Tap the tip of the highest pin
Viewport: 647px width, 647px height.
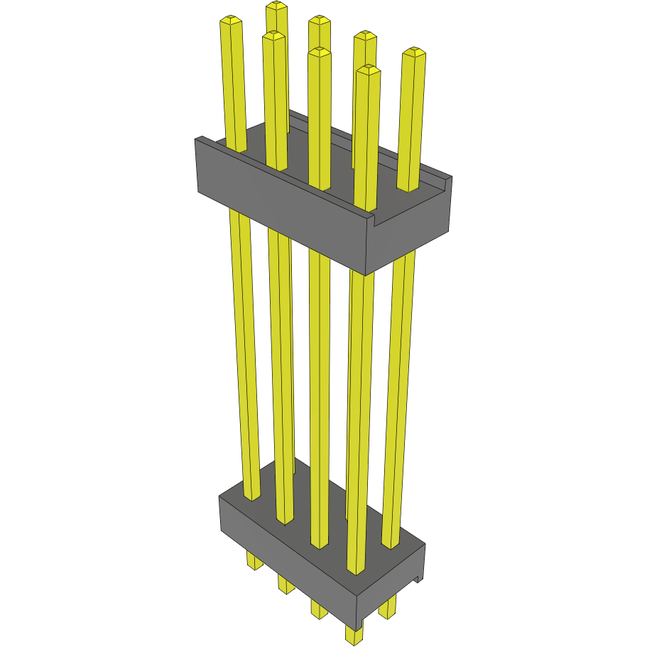click(277, 6)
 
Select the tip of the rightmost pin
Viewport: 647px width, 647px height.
click(414, 53)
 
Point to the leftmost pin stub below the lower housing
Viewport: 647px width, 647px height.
click(254, 560)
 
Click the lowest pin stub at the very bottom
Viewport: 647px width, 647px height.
click(353, 634)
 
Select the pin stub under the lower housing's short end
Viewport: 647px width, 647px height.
click(388, 607)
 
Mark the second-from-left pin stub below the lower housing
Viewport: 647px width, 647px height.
click(285, 585)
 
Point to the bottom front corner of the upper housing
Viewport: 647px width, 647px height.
click(365, 274)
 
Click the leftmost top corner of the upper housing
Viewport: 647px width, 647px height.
click(196, 140)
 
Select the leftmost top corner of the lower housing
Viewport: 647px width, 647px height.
click(220, 496)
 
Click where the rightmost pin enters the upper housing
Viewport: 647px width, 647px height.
click(408, 189)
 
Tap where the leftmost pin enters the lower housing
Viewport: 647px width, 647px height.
click(252, 497)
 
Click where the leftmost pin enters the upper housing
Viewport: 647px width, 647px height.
click(236, 149)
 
